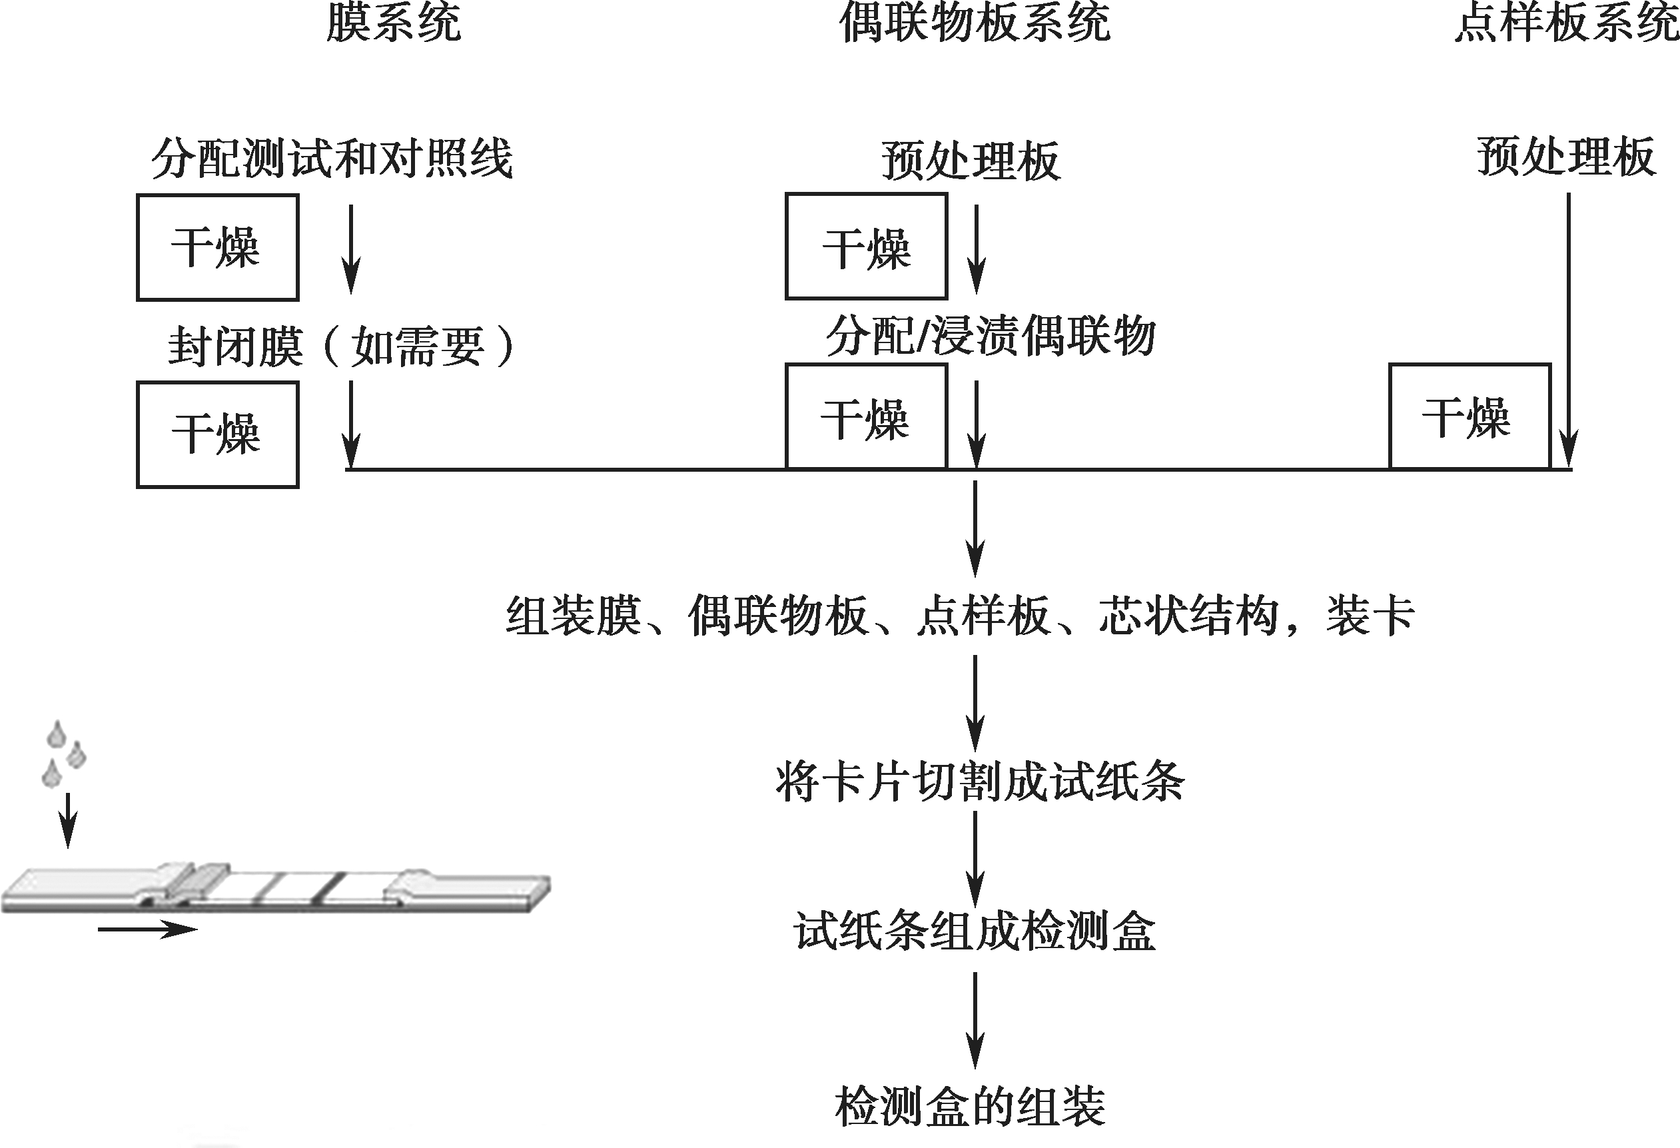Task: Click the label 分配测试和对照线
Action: (332, 159)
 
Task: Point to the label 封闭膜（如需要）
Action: (341, 346)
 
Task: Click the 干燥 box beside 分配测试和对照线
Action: (218, 247)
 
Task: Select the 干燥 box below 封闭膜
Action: (218, 434)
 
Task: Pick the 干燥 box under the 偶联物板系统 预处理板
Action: (866, 246)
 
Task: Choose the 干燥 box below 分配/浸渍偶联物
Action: (866, 416)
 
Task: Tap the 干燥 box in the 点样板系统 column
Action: (1470, 416)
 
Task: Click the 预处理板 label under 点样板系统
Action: (1566, 156)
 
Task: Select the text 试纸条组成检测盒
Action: (975, 930)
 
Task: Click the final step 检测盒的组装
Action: (970, 1107)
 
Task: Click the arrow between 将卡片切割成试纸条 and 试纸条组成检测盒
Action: (975, 860)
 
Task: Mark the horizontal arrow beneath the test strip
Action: (147, 929)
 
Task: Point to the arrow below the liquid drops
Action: (68, 820)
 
